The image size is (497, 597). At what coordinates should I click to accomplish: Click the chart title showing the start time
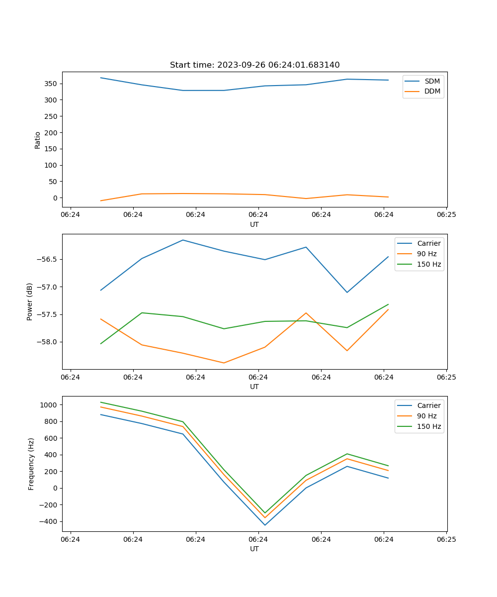coord(254,65)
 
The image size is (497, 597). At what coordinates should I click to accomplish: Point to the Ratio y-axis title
coord(38,140)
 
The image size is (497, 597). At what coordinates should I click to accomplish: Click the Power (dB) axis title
coord(30,301)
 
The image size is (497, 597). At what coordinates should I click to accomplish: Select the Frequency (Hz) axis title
coord(31,464)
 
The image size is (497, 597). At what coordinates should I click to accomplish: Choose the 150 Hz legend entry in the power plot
coord(429,264)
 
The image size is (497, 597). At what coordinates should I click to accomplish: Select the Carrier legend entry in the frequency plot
coord(429,405)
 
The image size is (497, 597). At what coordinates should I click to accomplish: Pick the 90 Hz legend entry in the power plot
coord(427,254)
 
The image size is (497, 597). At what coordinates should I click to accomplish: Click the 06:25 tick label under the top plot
coord(446,215)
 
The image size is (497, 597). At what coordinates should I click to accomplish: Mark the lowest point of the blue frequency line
coord(265,525)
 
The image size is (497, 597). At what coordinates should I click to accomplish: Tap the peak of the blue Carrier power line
coord(183,240)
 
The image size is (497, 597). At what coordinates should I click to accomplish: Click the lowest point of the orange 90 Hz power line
coord(224,363)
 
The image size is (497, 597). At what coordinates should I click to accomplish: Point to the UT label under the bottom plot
coord(254,549)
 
